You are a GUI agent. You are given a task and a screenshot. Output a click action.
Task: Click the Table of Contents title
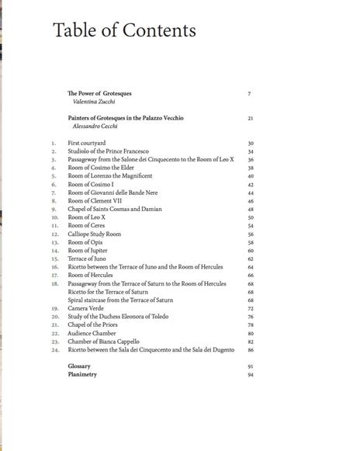pos(124,30)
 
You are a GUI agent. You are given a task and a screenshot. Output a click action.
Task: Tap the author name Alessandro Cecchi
pos(96,126)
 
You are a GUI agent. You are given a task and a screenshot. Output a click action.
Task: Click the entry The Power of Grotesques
pos(99,93)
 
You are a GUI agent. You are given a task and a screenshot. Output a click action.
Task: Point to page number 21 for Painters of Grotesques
pos(251,118)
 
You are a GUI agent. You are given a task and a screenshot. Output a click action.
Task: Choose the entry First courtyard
pos(86,143)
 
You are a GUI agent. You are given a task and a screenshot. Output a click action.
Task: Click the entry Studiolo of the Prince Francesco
pos(108,151)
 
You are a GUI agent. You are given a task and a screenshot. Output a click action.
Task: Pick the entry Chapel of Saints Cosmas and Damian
pos(117,209)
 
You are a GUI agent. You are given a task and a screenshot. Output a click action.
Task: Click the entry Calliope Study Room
pos(95,234)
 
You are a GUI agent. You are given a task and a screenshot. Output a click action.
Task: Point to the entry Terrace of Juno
pos(87,258)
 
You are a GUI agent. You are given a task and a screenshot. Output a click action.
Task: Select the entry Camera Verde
pos(85,308)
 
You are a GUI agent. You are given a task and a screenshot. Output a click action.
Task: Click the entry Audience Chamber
pos(92,333)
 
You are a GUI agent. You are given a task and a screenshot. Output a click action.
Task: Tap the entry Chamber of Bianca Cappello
pos(104,342)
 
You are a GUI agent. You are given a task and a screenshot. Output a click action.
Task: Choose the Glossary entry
pos(79,366)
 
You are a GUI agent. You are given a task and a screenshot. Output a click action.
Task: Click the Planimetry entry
pos(82,374)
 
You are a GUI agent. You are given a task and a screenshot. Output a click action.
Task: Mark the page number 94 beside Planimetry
pos(251,374)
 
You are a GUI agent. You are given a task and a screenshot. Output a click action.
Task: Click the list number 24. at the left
pos(54,349)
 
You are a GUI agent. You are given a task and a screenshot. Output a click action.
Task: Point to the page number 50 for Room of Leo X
pos(251,217)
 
